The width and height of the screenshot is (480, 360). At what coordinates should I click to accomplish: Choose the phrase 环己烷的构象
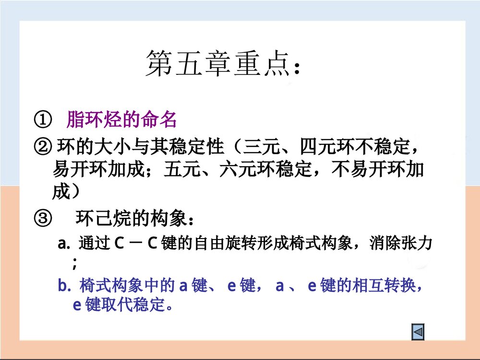tap(130, 220)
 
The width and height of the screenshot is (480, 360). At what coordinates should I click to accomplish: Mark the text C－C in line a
tap(137, 244)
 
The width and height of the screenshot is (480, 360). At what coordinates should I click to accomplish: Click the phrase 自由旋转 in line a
tap(226, 244)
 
